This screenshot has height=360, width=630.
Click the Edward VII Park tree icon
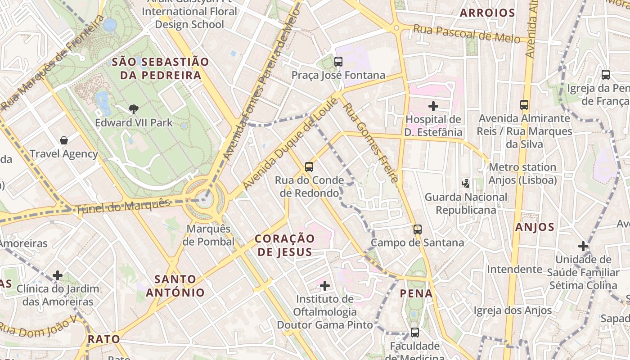(x=133, y=108)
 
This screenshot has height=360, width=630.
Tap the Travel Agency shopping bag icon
(x=64, y=140)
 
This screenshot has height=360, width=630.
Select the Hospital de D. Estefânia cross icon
(x=433, y=106)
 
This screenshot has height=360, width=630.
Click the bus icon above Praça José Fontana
(x=338, y=62)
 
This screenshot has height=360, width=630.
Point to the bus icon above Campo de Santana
(x=418, y=229)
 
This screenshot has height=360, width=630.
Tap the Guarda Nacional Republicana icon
(x=466, y=184)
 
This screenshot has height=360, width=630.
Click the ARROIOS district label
(x=487, y=13)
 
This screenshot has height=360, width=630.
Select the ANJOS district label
(x=535, y=227)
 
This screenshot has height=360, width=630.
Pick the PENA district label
(x=416, y=294)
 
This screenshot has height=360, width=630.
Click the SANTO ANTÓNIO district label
(x=175, y=286)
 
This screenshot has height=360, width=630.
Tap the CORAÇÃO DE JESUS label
(x=284, y=245)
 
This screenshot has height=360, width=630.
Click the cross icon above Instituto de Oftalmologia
(x=324, y=285)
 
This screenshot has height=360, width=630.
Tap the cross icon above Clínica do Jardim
(x=58, y=275)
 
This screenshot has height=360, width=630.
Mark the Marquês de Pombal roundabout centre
(x=205, y=199)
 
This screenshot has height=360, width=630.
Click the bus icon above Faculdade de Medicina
(x=415, y=333)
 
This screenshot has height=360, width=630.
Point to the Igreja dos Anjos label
(x=513, y=310)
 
